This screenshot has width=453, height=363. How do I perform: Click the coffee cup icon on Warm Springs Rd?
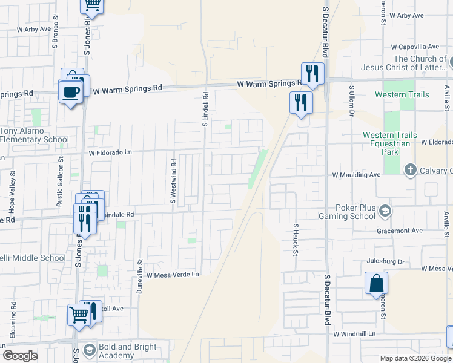70,92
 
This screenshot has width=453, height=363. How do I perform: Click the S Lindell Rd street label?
205,109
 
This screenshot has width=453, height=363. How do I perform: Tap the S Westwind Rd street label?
173,181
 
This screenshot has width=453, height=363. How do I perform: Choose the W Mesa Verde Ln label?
173,275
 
